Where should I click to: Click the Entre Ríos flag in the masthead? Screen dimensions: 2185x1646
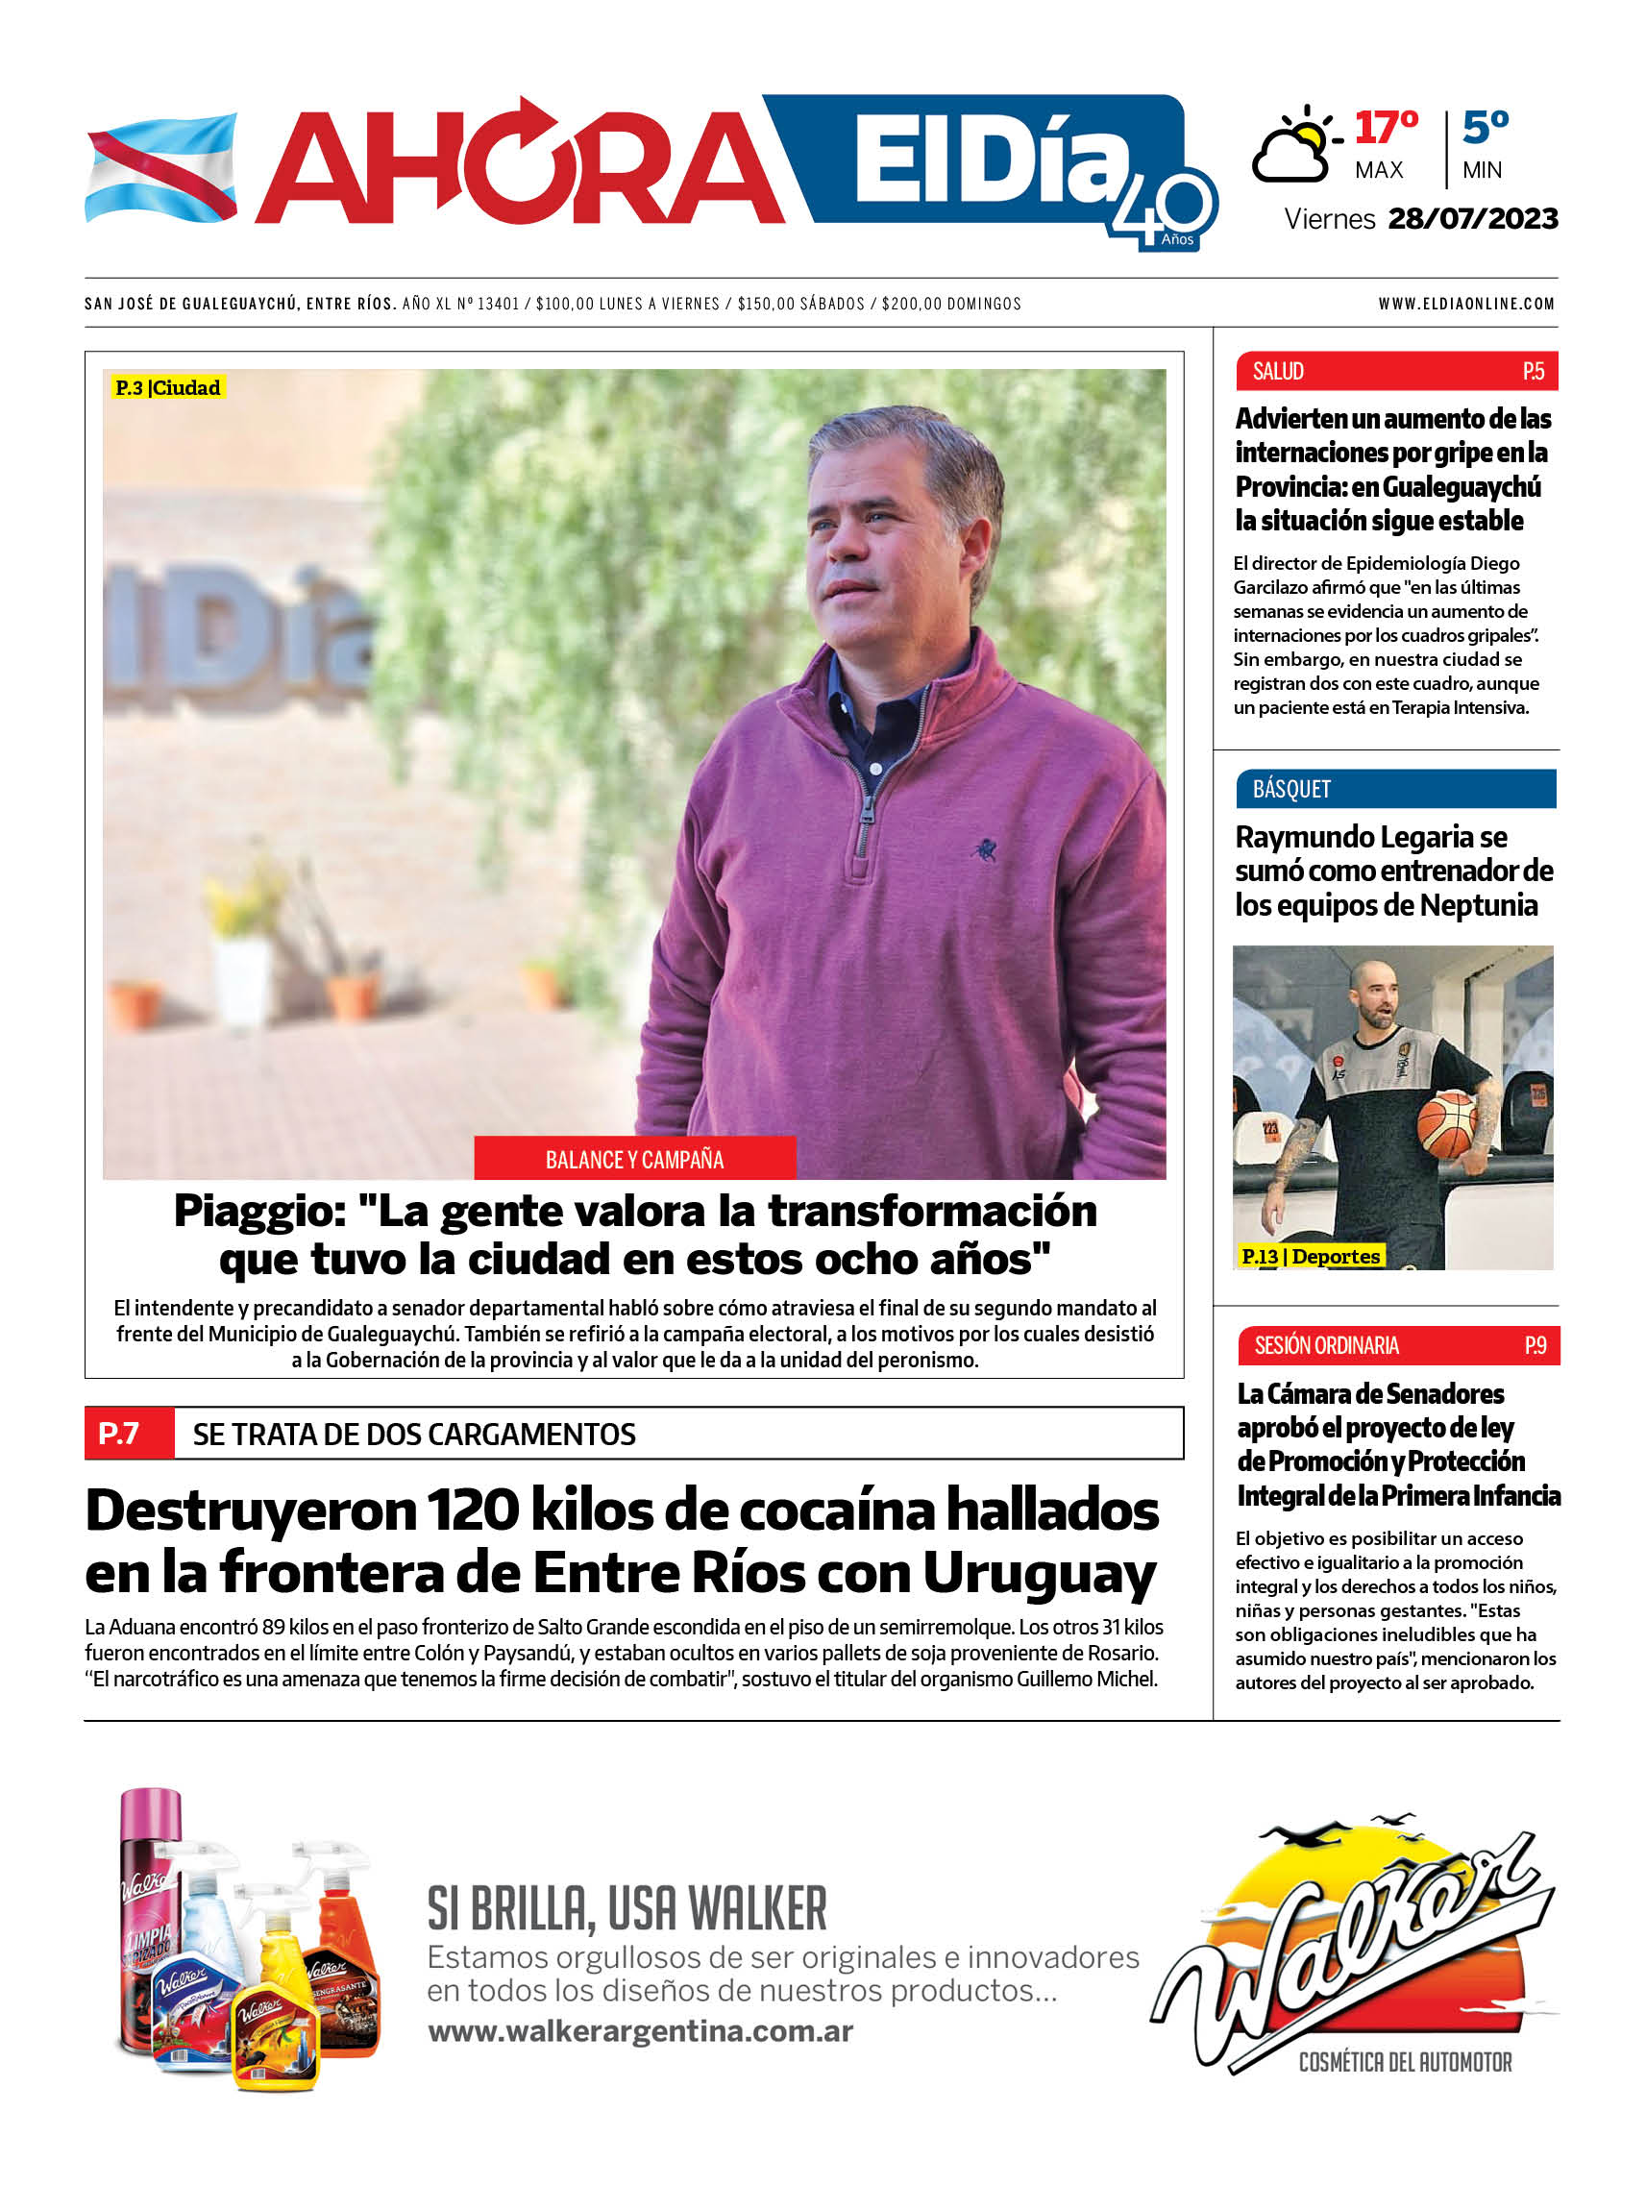click(161, 168)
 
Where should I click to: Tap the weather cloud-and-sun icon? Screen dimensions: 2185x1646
click(1295, 148)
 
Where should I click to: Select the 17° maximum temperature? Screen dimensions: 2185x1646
click(1386, 128)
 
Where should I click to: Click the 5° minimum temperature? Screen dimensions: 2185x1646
click(1485, 128)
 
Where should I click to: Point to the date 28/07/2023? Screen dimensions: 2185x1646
click(1472, 218)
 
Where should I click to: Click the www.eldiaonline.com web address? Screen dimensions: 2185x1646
click(1466, 305)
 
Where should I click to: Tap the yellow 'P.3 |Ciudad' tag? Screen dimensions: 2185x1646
click(167, 387)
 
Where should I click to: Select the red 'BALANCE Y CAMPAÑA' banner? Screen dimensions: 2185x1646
click(634, 1159)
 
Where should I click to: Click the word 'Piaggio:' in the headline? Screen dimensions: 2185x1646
click(258, 1211)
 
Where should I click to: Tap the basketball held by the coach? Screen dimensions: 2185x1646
click(1448, 1124)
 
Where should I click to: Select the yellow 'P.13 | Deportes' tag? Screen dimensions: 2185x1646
click(1310, 1257)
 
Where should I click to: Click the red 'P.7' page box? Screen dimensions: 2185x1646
click(119, 1433)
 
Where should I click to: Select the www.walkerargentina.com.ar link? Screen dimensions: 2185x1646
click(640, 2032)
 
